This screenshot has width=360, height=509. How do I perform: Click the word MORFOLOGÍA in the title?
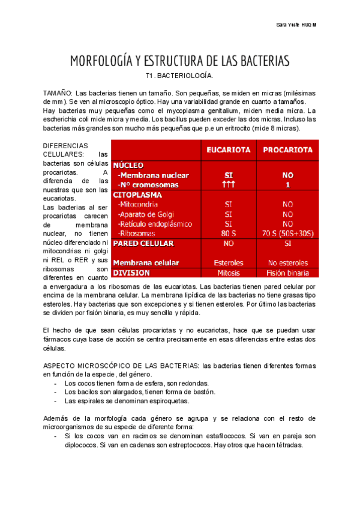tap(101, 61)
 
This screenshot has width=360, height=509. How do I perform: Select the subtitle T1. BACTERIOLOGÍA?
tap(179, 77)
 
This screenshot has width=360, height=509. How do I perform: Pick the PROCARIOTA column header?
tap(288, 149)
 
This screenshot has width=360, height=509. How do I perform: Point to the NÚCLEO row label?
tap(128, 164)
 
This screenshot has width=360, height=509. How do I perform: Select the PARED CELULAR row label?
tap(143, 244)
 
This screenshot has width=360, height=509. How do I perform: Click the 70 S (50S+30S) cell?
tap(288, 233)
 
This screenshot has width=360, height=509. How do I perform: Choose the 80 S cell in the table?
tap(229, 233)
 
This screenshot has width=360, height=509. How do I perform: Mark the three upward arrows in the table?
tap(229, 185)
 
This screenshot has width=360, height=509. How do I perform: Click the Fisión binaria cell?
tap(288, 273)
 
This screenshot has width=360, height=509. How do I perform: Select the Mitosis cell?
tap(229, 273)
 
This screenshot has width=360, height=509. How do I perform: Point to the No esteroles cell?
tap(288, 263)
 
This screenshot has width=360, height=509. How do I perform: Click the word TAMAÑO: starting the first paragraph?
tap(58, 94)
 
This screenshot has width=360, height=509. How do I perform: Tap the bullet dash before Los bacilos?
tap(56, 392)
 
